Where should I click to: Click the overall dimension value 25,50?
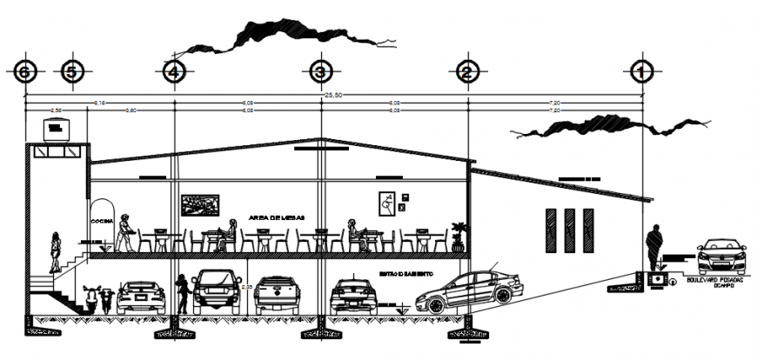[x=333, y=96]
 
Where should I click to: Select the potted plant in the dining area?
[x=459, y=236]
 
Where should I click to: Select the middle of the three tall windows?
[x=569, y=231]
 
